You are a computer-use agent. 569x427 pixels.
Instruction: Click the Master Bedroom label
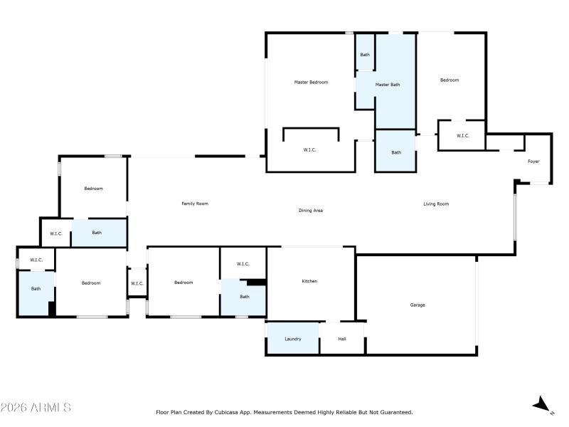click(311, 83)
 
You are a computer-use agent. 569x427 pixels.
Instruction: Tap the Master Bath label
click(388, 85)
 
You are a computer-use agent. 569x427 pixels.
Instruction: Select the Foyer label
click(533, 162)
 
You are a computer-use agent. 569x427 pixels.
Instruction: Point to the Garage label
click(418, 305)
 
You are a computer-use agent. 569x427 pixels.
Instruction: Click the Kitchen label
click(309, 281)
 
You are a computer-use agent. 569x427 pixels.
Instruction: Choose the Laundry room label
click(293, 339)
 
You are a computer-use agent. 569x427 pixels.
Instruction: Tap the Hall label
click(342, 339)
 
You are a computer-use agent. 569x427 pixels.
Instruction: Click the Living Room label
click(436, 204)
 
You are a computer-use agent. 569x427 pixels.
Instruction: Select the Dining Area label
click(311, 210)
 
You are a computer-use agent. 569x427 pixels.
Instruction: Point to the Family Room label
click(195, 204)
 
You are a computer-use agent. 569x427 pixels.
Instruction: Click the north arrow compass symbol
click(543, 404)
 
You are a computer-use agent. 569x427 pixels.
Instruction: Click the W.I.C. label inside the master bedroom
click(309, 149)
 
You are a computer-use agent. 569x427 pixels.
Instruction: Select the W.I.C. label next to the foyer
click(463, 136)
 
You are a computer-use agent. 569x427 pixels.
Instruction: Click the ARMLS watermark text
click(36, 407)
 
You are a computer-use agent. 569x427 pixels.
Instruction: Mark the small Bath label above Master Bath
click(365, 55)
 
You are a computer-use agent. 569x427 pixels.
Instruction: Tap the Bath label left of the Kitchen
click(244, 297)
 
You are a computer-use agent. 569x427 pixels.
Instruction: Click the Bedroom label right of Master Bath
click(450, 80)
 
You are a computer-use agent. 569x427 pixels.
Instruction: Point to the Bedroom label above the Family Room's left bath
click(93, 189)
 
